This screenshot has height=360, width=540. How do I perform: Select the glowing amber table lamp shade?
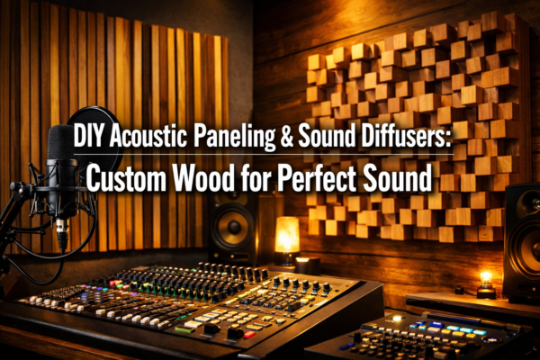pos(286,234)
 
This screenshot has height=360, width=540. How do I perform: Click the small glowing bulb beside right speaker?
pos(487,276)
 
